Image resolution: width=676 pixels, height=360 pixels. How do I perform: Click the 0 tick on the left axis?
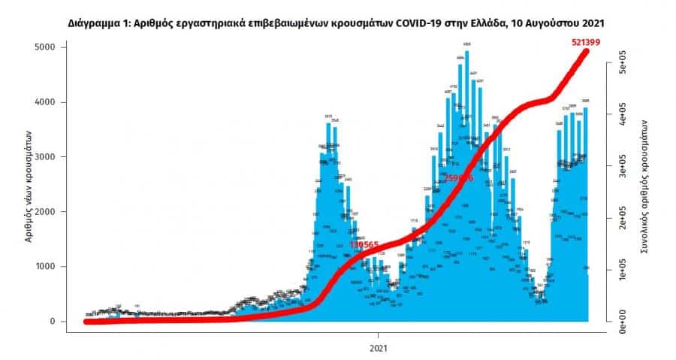61,322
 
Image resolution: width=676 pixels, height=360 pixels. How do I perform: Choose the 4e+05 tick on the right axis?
620,117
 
